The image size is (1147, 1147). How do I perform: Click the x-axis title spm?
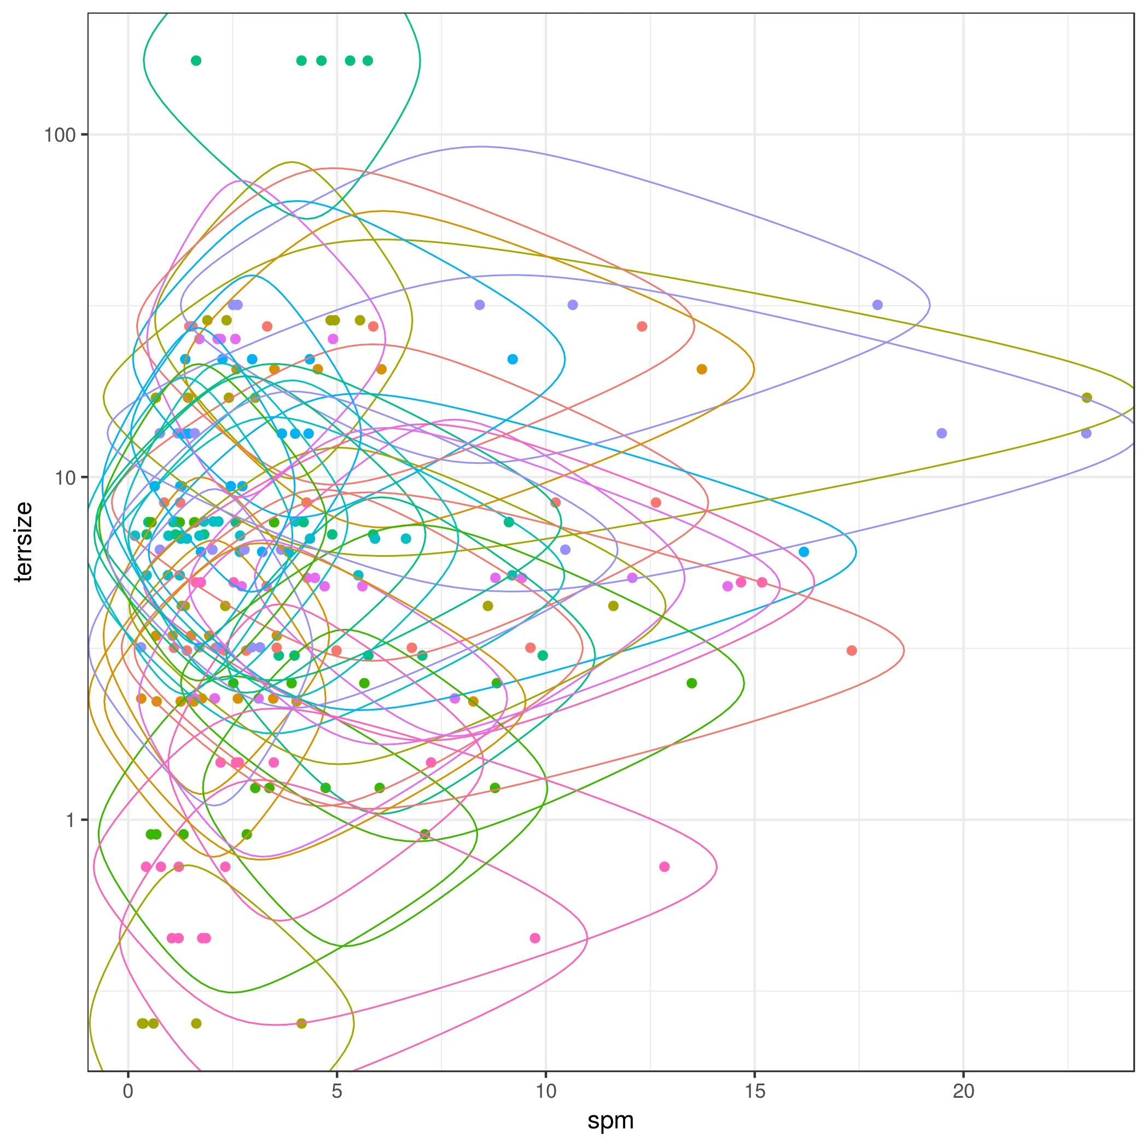[x=610, y=1120]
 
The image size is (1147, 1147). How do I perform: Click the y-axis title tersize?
[x=24, y=542]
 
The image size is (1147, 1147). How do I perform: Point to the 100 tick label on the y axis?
[x=60, y=135]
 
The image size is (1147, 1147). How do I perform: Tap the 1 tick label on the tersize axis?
[x=71, y=820]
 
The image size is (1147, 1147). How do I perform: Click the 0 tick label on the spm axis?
[x=128, y=1091]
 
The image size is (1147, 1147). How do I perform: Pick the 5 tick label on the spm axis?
[x=336, y=1091]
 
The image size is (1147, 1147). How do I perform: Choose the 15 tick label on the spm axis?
[x=755, y=1091]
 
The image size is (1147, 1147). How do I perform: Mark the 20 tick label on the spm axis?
[x=964, y=1091]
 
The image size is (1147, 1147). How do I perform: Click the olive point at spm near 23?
[x=1086, y=398]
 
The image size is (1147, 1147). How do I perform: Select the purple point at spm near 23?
[x=1086, y=433]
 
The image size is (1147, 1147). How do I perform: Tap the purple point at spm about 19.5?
[x=941, y=433]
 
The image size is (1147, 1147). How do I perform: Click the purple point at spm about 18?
[x=877, y=305]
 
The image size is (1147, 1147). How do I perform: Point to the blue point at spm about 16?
[x=804, y=552]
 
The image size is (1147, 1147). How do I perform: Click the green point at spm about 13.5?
[x=691, y=683]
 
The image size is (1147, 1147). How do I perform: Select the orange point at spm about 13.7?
[x=702, y=369]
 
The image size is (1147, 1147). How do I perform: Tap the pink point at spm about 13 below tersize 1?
[x=665, y=867]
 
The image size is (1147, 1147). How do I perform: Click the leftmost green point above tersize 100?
[x=196, y=61]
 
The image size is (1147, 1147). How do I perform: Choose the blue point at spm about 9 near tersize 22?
[x=513, y=359]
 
